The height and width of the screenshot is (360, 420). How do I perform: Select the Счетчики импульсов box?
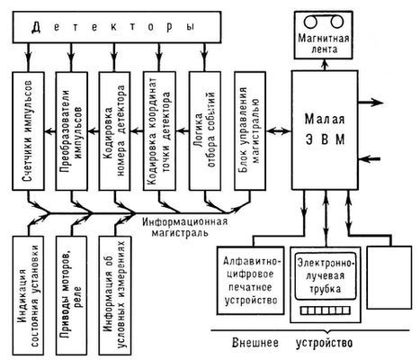click(29, 140)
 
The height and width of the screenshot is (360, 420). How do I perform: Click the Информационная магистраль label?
click(188, 225)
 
